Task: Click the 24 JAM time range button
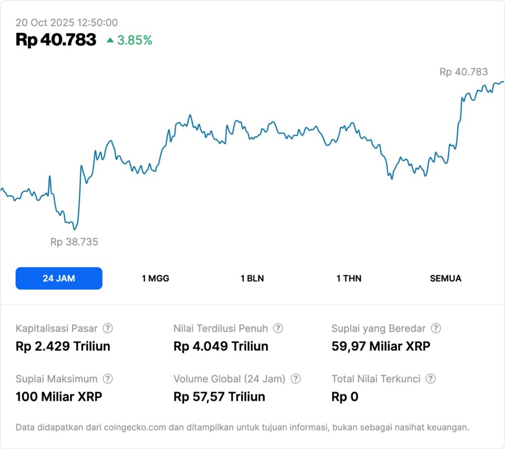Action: (59, 278)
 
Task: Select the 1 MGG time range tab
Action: (155, 278)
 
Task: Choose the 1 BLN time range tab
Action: (252, 278)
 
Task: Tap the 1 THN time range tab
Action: (349, 278)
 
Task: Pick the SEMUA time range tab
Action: (446, 278)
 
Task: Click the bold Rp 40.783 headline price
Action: (56, 40)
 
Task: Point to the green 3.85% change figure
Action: (135, 40)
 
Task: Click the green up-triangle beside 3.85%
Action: (110, 40)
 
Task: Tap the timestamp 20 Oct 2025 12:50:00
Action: (67, 22)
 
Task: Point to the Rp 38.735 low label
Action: (74, 242)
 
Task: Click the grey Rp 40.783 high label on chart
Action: (463, 72)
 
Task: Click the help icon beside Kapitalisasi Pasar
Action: (108, 328)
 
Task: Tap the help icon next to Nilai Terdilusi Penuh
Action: (278, 328)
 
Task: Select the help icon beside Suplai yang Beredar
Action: (435, 328)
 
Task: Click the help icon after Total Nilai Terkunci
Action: (430, 379)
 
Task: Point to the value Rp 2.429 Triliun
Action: (63, 346)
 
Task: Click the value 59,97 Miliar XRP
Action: (381, 346)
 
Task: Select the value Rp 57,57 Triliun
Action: (219, 397)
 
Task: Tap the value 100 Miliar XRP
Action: (59, 397)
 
